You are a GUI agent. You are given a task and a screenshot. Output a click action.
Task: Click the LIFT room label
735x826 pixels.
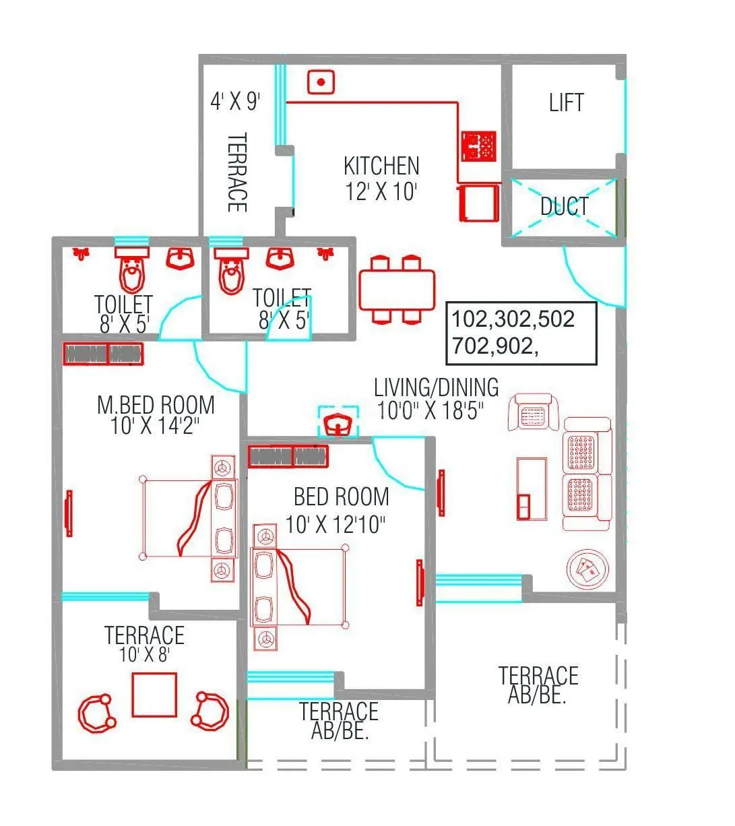tap(566, 103)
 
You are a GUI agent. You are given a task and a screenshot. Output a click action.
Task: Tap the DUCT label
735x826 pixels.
tap(565, 206)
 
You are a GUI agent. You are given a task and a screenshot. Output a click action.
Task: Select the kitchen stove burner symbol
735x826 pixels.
tap(478, 146)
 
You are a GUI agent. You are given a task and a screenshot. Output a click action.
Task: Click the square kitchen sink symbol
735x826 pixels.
tap(321, 82)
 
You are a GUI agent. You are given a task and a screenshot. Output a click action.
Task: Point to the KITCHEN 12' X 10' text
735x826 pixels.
tap(381, 179)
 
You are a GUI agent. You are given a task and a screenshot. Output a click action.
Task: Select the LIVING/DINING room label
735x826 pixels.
tap(436, 387)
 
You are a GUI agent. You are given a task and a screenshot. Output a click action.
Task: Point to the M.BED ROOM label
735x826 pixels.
tap(156, 405)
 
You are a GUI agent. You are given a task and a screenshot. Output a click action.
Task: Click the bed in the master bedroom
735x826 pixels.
tap(189, 517)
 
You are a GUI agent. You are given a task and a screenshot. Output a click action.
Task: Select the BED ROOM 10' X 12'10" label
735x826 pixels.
tap(340, 510)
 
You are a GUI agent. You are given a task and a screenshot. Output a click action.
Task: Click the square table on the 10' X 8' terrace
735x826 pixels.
tap(154, 695)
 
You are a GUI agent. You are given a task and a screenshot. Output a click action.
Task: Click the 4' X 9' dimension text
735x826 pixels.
tap(235, 102)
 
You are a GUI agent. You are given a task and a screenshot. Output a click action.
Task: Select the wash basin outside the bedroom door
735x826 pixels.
tap(338, 424)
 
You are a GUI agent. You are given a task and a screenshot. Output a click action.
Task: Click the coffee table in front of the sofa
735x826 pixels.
tap(532, 488)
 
